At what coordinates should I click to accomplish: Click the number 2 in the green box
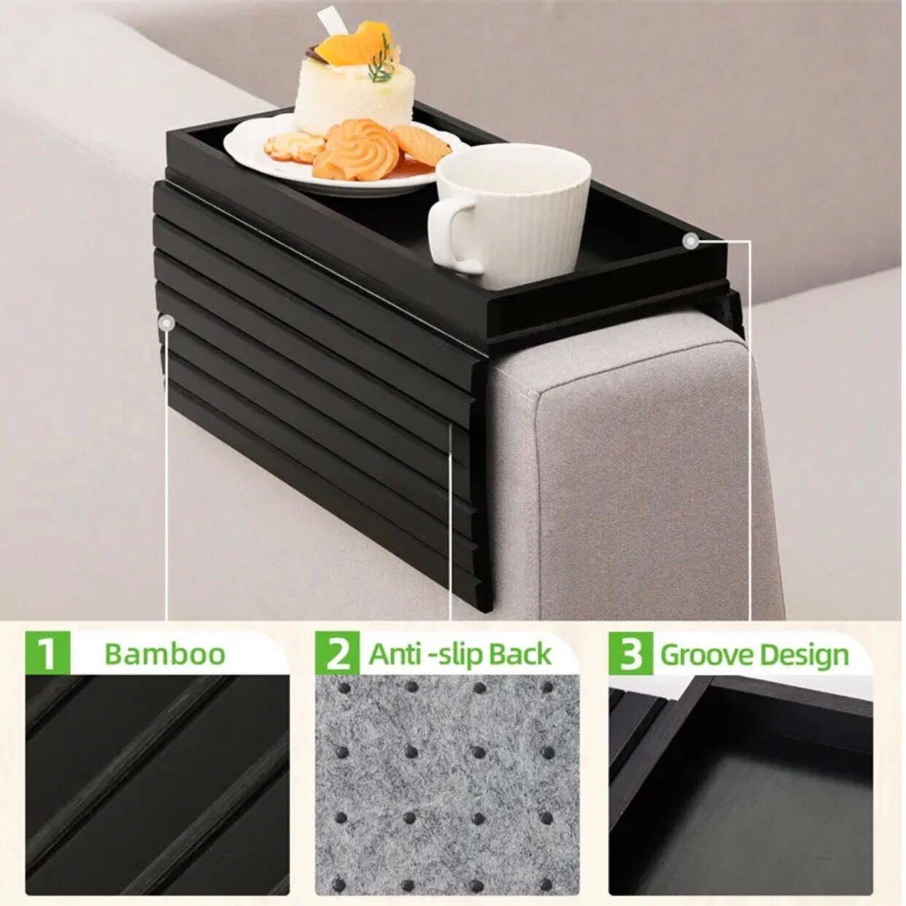[x=338, y=654]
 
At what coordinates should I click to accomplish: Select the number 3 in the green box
[x=630, y=654]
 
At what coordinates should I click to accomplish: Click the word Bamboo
[x=165, y=654]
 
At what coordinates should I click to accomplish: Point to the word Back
[x=519, y=654]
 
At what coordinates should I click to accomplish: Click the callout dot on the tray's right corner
[x=689, y=240]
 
